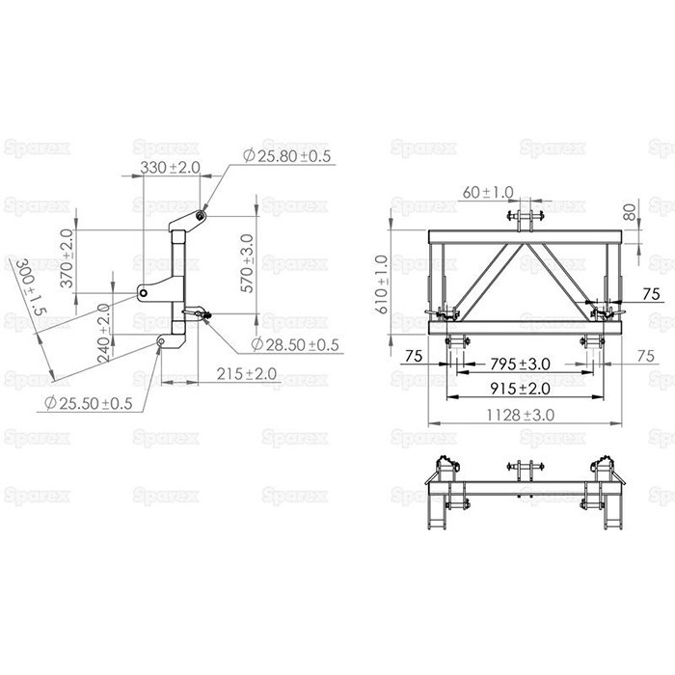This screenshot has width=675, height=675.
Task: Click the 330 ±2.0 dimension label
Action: coord(170,168)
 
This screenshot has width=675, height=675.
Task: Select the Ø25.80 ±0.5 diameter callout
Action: coord(287,156)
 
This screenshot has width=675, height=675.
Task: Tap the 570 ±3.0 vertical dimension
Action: coord(247,263)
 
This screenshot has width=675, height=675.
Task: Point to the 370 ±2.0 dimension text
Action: coord(67,258)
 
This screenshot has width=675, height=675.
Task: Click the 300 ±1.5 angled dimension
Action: coord(31,287)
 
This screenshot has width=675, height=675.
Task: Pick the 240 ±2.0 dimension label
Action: coord(103,334)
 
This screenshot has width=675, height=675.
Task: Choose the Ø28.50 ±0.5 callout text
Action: coord(295,345)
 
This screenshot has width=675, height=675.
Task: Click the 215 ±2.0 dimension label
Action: coord(247,374)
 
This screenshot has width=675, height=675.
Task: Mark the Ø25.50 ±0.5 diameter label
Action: coord(89,403)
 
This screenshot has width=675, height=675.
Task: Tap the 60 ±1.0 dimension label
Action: coord(488,193)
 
